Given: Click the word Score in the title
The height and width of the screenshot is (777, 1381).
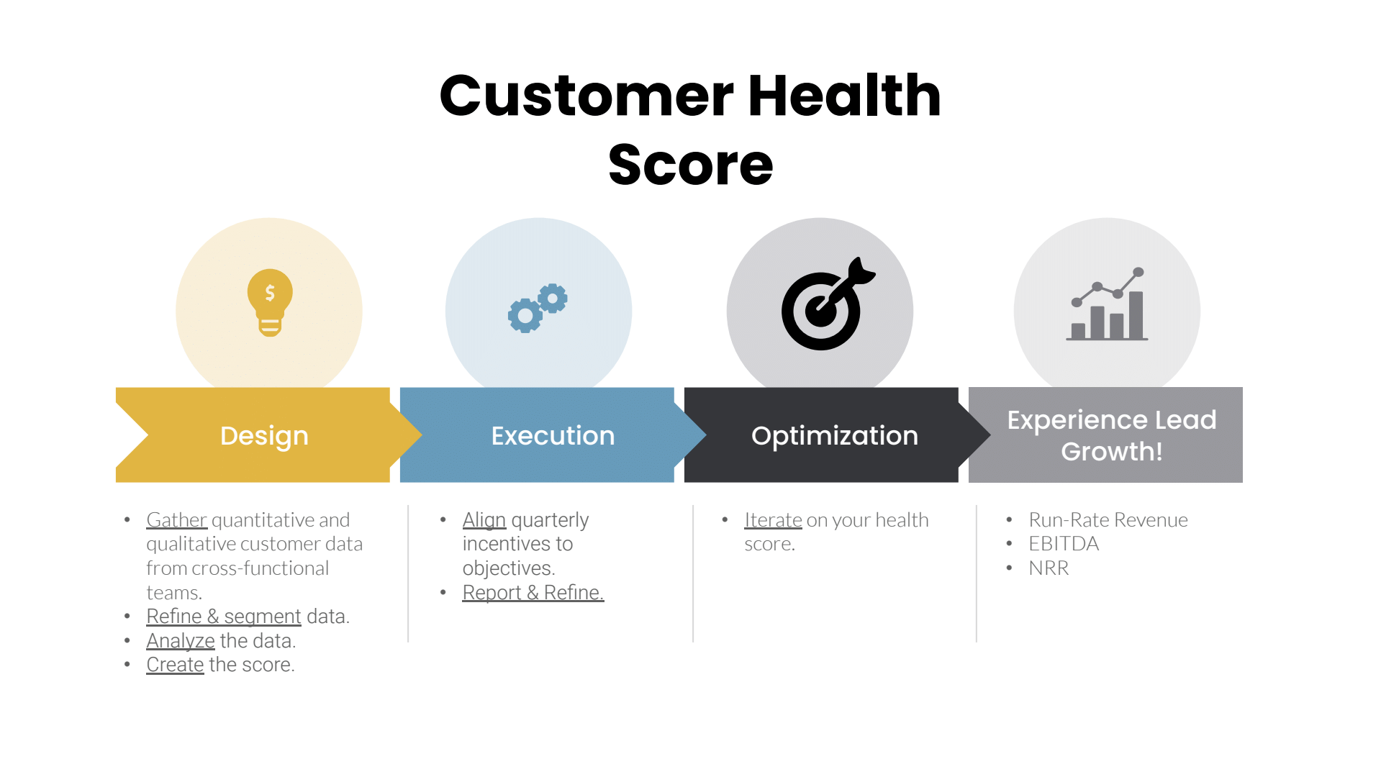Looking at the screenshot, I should pos(690,165).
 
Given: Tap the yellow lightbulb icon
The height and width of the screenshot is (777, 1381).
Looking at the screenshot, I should pos(270,302).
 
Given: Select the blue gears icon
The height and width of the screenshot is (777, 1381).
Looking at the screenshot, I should pos(538,307).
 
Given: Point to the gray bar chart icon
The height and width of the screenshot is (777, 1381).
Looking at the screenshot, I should pos(1107,305).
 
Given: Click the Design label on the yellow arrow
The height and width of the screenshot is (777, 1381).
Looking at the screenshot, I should pos(264,436).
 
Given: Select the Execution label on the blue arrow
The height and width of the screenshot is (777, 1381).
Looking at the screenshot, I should pos(553,436).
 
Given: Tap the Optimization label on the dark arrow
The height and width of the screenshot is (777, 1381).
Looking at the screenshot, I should pos(834,436).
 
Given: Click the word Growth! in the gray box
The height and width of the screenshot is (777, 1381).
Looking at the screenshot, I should pos(1111,452).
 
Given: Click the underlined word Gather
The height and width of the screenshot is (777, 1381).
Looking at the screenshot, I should pos(176,520).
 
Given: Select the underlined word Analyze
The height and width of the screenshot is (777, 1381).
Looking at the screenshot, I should pos(181,641).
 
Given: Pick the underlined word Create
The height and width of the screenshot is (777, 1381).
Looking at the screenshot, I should pos(175,665).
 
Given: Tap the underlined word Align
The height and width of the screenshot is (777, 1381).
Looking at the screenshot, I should pos(484,520).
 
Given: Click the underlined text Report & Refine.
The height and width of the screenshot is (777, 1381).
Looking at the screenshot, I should pos(533,593).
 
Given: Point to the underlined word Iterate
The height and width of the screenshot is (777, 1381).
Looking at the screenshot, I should pos(773,520).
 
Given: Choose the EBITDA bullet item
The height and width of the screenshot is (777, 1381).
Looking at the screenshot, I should pos(1064,544).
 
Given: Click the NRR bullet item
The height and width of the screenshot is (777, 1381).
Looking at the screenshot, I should pos(1049,568).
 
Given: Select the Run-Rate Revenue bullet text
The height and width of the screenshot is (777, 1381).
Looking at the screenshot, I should pos(1108,520).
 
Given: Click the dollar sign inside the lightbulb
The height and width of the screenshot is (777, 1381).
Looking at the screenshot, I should pos(270,292).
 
